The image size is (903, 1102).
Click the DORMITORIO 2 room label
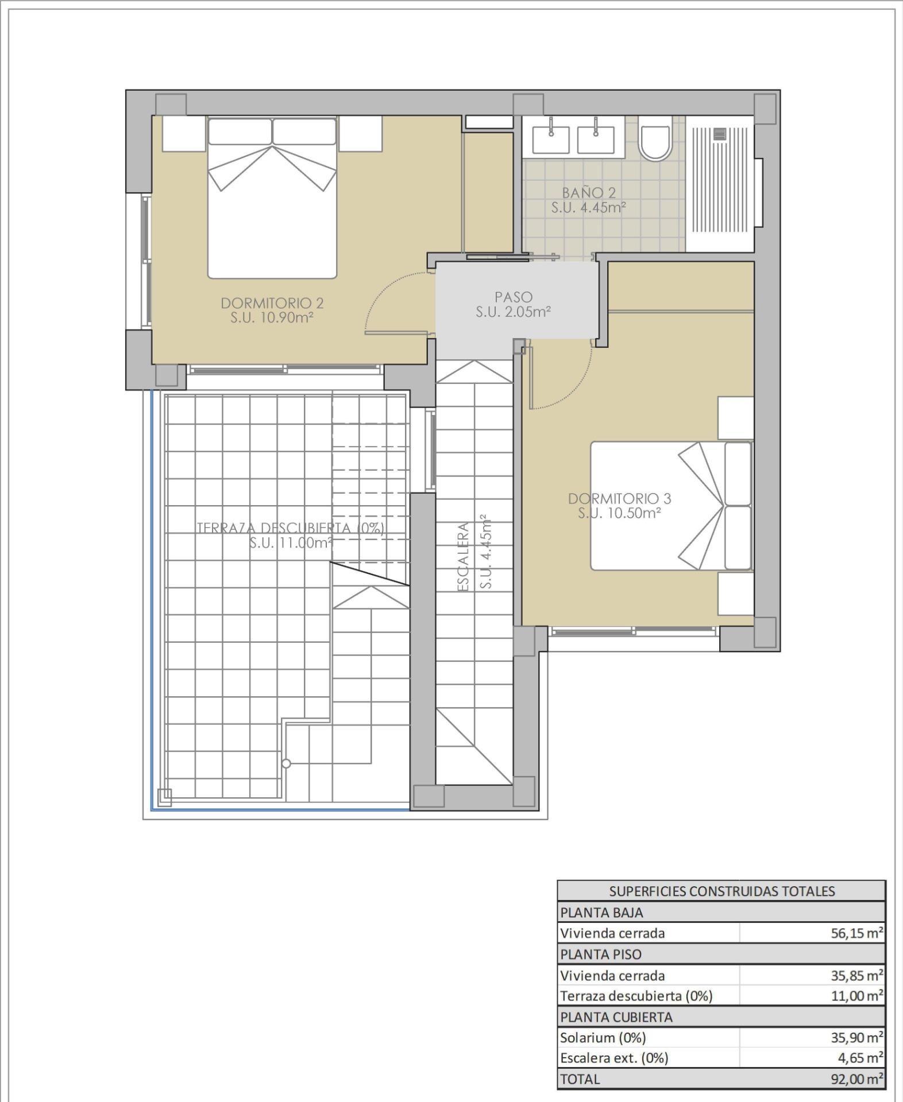tap(272, 303)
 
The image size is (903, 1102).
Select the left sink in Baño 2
tap(551, 140)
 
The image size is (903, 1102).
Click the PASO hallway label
tap(514, 297)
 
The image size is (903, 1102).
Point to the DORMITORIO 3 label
tap(619, 499)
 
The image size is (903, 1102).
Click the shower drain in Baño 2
tap(720, 134)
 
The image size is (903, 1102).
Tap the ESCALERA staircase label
tap(464, 556)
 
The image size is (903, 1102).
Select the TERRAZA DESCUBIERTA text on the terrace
tap(290, 528)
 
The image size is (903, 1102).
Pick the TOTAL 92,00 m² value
tap(856, 1079)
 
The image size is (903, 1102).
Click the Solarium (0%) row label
tap(603, 1038)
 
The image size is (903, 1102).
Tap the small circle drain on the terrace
tap(286, 763)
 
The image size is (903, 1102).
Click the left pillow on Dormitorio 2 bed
tap(240, 132)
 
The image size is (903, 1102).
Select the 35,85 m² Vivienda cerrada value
tap(856, 976)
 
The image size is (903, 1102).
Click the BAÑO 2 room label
tap(588, 193)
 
